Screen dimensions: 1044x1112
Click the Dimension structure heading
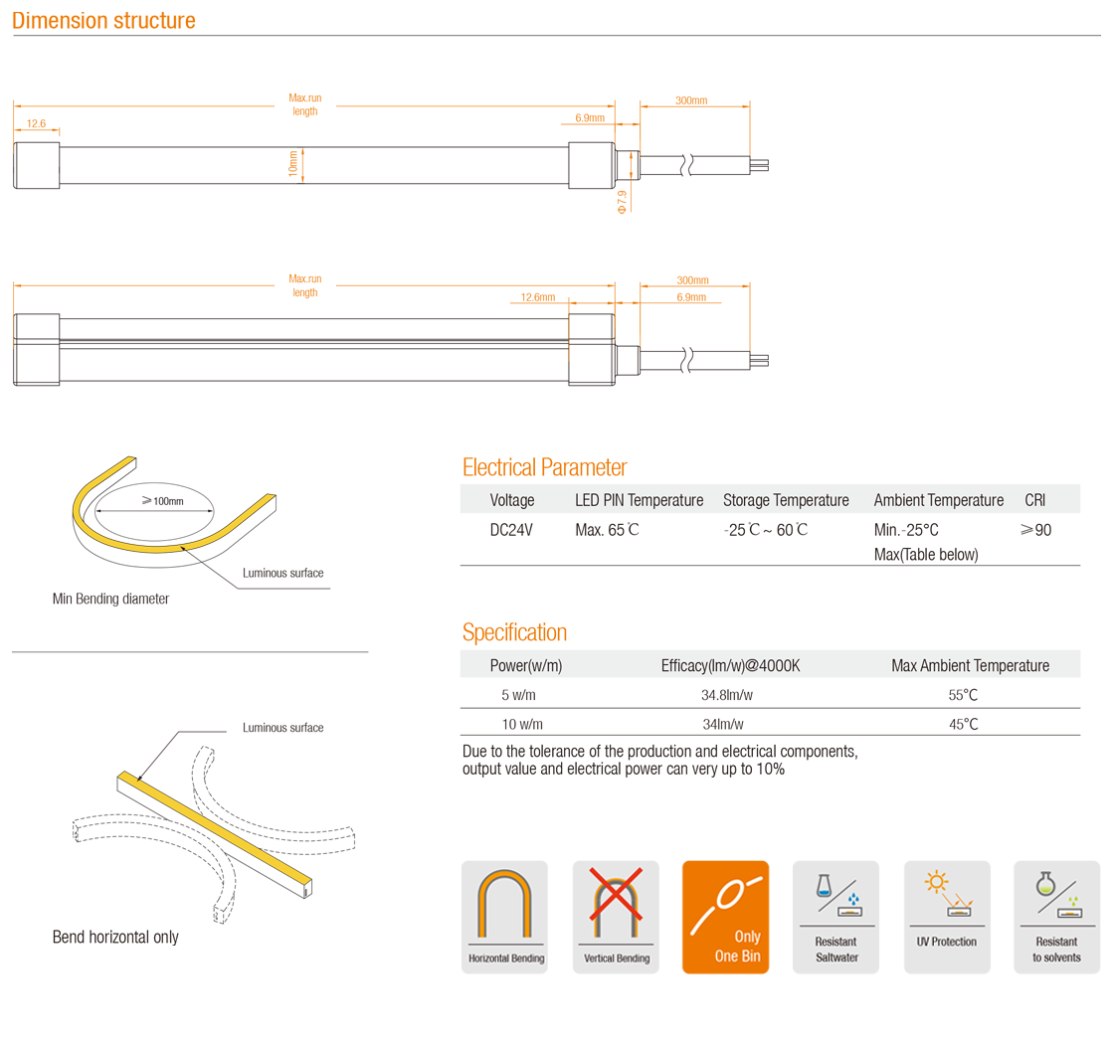tap(104, 20)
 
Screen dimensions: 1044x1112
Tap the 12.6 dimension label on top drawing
tap(36, 123)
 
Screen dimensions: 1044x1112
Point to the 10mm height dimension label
tap(293, 163)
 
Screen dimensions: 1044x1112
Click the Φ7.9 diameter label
tap(623, 201)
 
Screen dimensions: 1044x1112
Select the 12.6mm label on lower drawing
tap(538, 297)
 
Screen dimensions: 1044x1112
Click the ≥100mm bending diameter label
tap(162, 500)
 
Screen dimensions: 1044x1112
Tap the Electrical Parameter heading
tap(545, 467)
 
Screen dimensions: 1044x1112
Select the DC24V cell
tap(511, 530)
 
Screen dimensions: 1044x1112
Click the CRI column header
tap(1034, 500)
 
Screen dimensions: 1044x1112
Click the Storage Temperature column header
tap(786, 500)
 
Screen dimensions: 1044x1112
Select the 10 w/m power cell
tap(522, 724)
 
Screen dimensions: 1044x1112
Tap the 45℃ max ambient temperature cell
tap(964, 724)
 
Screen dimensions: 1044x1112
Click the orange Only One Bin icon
tap(725, 917)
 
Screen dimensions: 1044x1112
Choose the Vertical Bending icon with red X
tap(616, 917)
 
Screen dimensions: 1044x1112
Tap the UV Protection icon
tap(946, 917)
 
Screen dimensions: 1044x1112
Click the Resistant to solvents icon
tap(1056, 917)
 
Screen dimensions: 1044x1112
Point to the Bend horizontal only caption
tap(115, 937)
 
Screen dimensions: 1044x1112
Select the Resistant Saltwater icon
tap(835, 917)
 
